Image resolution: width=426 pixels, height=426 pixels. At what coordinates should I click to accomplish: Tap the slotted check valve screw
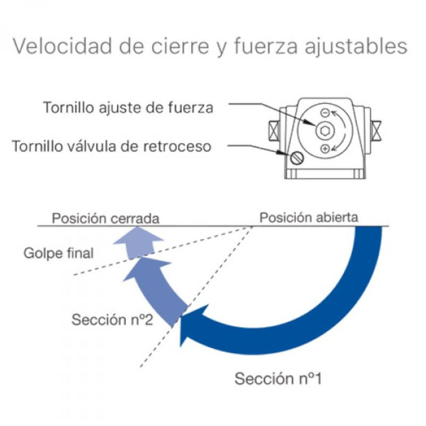(x=297, y=158)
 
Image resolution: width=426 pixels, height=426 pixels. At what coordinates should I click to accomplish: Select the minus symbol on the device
(x=324, y=112)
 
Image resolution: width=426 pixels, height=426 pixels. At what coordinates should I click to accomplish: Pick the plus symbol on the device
(x=325, y=149)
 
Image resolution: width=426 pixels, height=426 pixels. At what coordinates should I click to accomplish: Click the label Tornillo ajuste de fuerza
(x=128, y=108)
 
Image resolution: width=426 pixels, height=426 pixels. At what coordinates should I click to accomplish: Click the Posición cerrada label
(x=105, y=218)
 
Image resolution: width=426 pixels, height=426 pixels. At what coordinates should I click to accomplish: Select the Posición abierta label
(x=308, y=217)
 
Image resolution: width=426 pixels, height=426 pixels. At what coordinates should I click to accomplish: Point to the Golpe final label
(x=59, y=252)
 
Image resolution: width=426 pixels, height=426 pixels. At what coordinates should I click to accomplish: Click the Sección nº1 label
(x=278, y=379)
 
